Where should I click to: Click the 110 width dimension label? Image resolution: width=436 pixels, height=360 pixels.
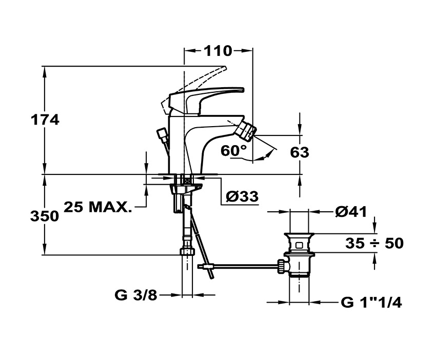218,50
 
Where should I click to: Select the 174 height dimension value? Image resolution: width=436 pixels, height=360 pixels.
45,120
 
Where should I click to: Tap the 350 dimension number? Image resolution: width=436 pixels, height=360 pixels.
45,216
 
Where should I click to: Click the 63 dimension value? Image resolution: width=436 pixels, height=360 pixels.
300,152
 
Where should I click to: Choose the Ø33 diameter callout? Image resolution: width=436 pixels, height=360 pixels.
241,196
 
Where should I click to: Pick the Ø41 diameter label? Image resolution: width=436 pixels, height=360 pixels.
350,211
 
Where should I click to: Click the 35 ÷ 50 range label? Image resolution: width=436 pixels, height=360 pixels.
374,243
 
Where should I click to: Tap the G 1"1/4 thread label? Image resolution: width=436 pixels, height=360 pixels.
371,303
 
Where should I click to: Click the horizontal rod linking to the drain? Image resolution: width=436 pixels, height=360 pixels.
241,266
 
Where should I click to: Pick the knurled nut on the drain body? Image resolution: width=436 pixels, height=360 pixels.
282,266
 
